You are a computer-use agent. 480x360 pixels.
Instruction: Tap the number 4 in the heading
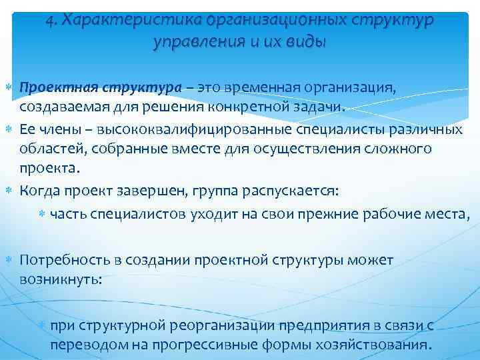[x=50, y=21]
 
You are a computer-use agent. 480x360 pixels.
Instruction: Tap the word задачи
[x=322, y=107]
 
